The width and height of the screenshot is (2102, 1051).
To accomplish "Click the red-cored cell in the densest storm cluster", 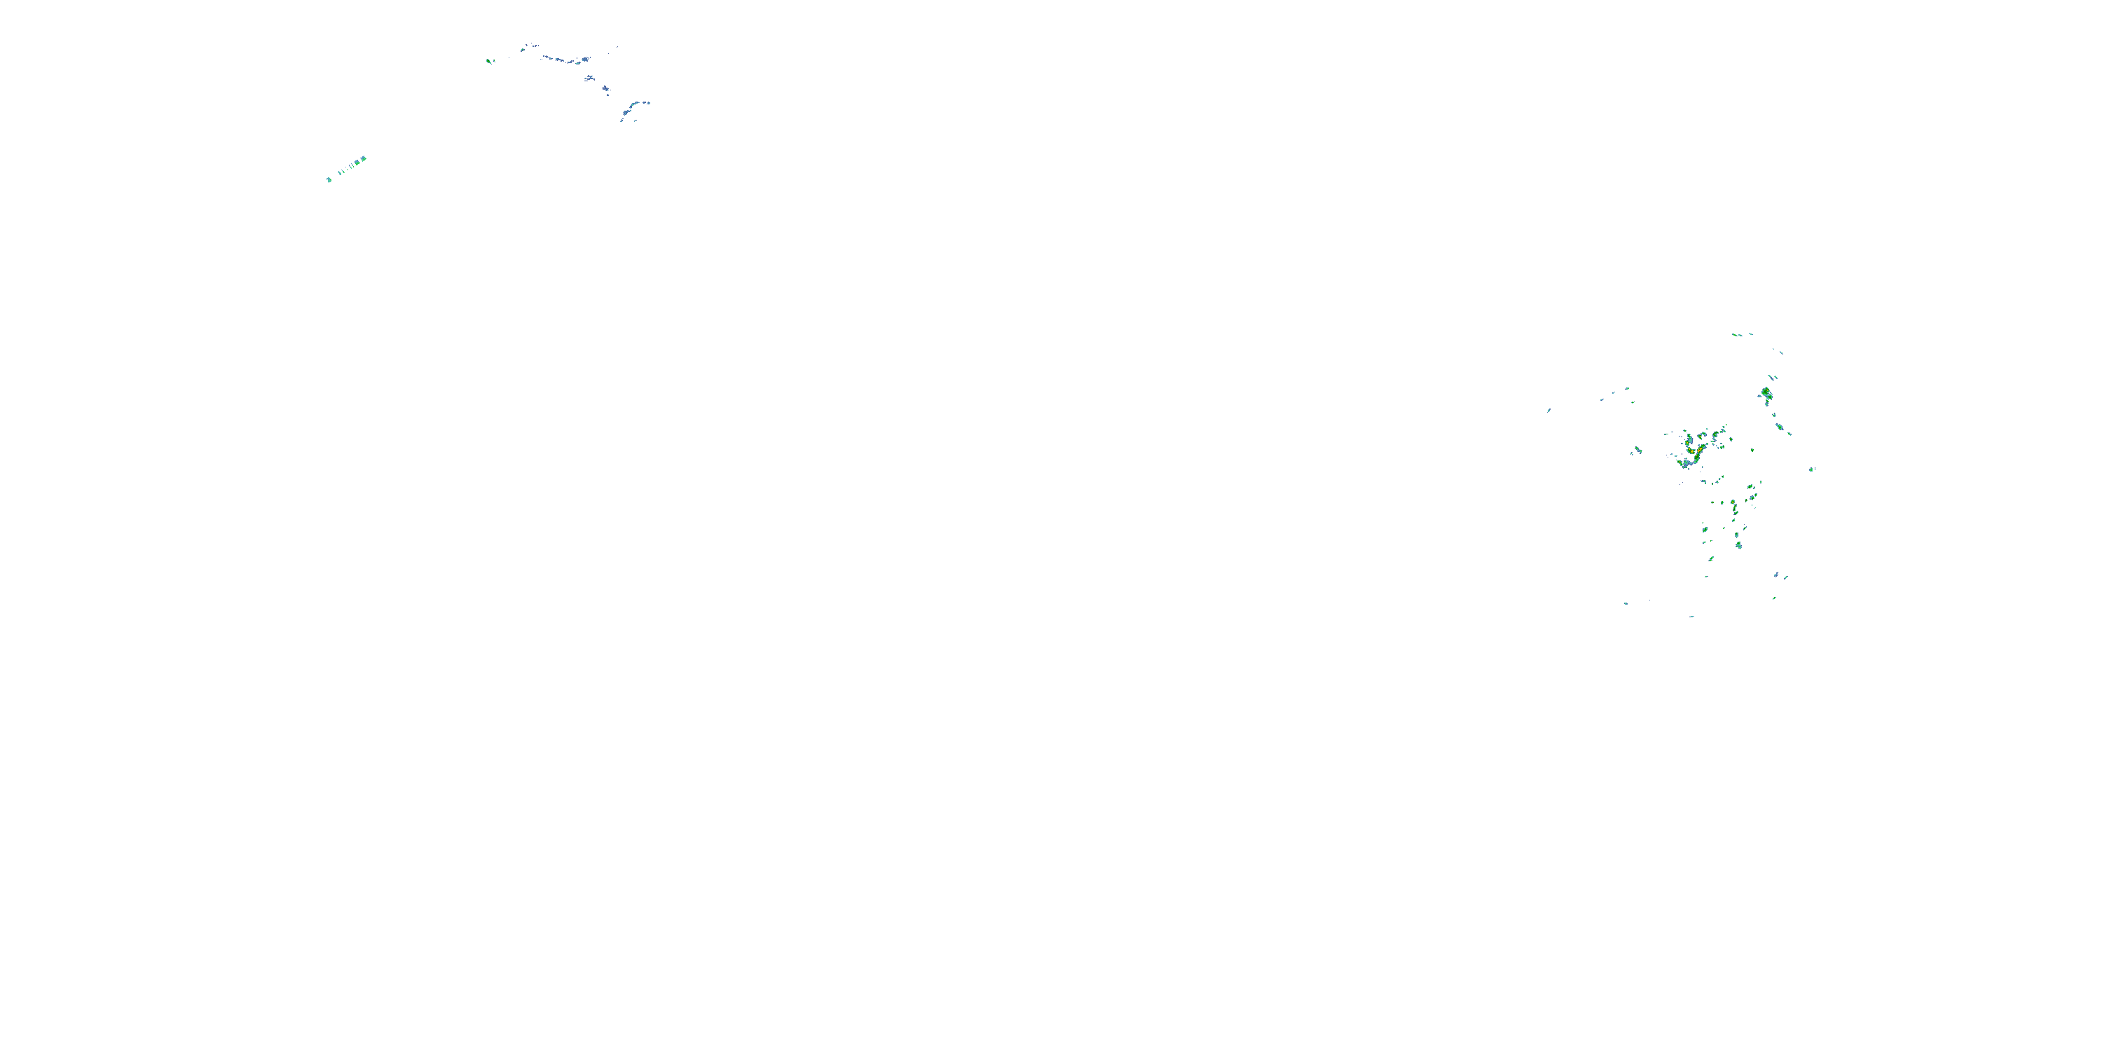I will [x=1690, y=449].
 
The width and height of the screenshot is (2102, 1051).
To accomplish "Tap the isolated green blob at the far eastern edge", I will [x=1813, y=469].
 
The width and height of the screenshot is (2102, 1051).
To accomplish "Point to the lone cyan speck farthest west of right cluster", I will [x=1548, y=411].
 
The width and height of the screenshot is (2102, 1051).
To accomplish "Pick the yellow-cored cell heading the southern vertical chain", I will [x=1733, y=502].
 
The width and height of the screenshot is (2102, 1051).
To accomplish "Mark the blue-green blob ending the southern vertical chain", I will [x=1739, y=545].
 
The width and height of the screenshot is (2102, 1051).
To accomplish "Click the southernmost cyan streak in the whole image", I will [x=1691, y=616].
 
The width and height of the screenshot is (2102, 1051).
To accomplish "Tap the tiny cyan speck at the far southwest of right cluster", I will [x=1626, y=603].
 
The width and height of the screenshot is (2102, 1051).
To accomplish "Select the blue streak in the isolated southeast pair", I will [x=1775, y=575].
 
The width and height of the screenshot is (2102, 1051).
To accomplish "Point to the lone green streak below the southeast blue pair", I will [x=1774, y=598].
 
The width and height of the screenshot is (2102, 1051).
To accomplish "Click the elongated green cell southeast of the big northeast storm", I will [x=1779, y=426].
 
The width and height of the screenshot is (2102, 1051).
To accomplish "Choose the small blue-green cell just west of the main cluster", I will [x=1636, y=451].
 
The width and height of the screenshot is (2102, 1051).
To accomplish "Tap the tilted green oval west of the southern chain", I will [x=1705, y=530].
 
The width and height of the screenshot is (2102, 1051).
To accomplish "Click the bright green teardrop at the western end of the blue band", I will [x=489, y=61].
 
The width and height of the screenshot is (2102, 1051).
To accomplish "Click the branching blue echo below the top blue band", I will [x=589, y=78].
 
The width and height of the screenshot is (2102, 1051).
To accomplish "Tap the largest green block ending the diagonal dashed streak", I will [x=362, y=159].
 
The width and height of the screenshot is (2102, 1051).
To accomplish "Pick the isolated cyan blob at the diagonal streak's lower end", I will [x=329, y=179].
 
